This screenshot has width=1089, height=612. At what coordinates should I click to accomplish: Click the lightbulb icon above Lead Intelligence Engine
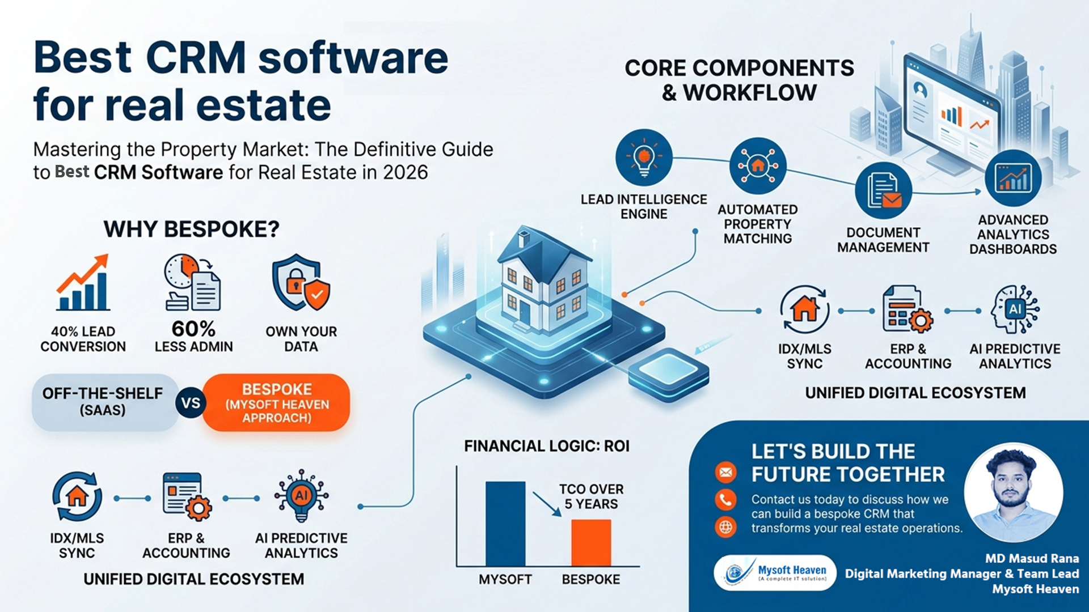[x=644, y=158]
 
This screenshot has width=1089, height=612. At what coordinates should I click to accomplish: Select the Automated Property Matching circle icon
[x=758, y=165]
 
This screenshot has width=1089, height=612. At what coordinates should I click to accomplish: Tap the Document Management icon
[x=883, y=190]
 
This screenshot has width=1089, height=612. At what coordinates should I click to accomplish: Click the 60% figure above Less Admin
[x=193, y=329]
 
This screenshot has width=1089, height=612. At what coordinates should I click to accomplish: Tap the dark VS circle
[x=191, y=403]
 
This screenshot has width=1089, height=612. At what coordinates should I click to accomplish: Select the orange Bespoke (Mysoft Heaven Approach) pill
[x=277, y=403]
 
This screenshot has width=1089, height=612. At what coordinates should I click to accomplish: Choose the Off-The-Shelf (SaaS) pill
[x=103, y=402]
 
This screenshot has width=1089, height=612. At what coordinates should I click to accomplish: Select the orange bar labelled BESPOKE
[x=590, y=542]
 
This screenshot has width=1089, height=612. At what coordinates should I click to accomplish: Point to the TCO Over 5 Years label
[x=591, y=496]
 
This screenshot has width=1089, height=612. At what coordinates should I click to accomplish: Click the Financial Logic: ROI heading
[x=547, y=446]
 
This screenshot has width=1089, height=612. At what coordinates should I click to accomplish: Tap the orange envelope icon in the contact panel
[x=725, y=472]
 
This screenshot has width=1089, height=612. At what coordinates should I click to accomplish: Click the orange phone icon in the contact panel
[x=725, y=499]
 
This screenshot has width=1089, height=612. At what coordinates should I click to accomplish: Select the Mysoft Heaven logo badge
[x=775, y=573]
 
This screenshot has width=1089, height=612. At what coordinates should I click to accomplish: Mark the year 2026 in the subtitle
[x=405, y=172]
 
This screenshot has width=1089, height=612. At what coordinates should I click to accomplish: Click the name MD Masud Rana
[x=1032, y=558]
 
